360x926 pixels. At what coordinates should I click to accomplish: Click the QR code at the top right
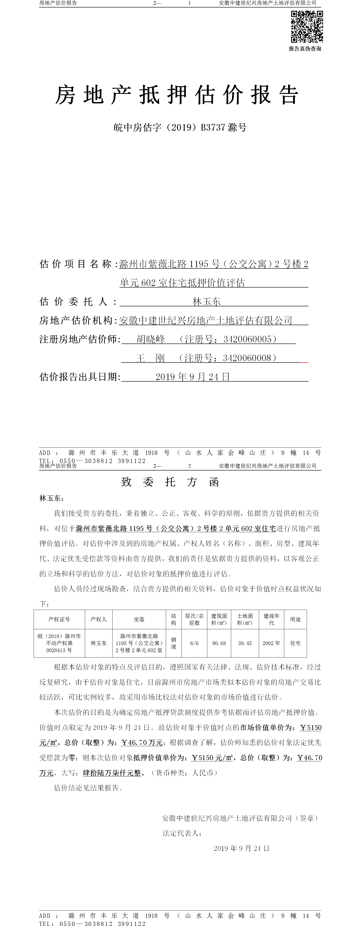(x=306, y=27)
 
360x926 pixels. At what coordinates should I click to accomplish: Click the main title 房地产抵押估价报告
(x=176, y=95)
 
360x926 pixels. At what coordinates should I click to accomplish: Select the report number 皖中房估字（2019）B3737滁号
(x=180, y=128)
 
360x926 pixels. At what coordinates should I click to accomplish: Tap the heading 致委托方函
(x=170, y=482)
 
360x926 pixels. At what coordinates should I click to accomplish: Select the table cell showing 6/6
(x=194, y=643)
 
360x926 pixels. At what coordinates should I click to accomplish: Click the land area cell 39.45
(x=245, y=643)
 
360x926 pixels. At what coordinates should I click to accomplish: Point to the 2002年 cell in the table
(x=271, y=643)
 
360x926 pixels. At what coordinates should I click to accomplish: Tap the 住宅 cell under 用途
(x=295, y=643)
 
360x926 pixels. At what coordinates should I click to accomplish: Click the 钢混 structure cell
(x=173, y=643)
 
